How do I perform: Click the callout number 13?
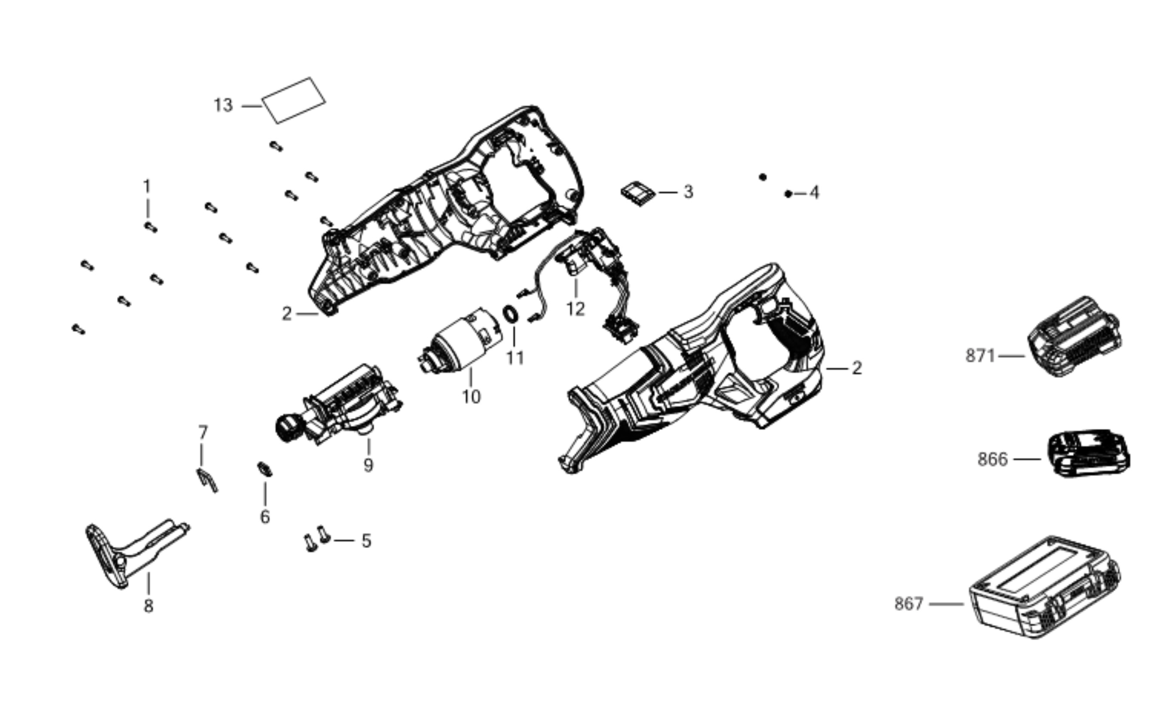[x=223, y=105]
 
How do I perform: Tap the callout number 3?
[x=688, y=192]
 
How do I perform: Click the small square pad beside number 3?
[x=638, y=194]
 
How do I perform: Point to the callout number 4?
[x=814, y=193]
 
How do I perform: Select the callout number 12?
[x=575, y=309]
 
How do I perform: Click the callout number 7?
[x=203, y=432]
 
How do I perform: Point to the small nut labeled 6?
[x=265, y=469]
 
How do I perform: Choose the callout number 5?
[x=366, y=541]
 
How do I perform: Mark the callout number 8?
[x=149, y=606]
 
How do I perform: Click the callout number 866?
[x=992, y=459]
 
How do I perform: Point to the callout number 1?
[x=147, y=186]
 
